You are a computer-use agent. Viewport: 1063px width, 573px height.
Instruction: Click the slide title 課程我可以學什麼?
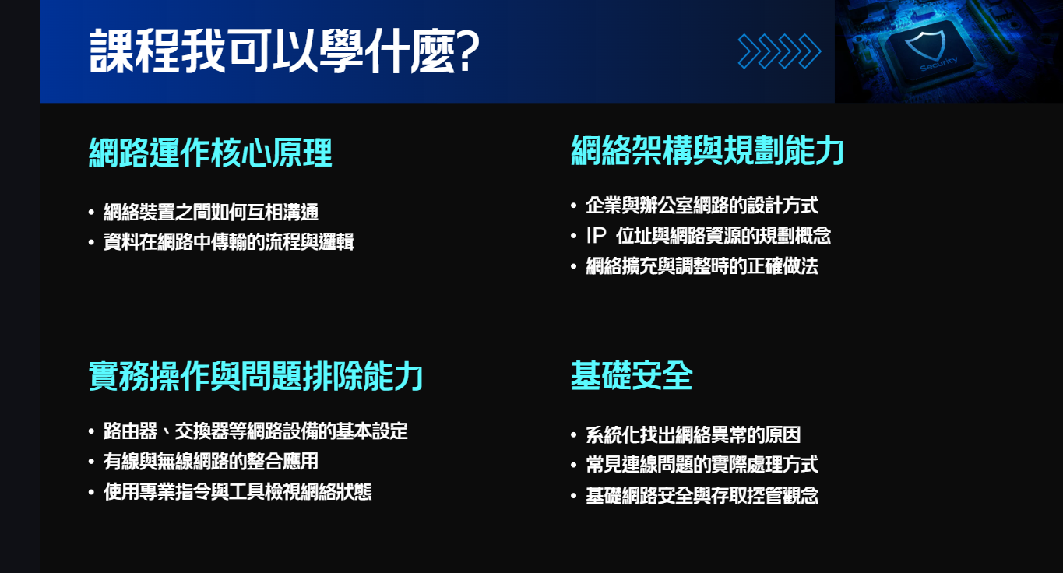pyautogui.click(x=284, y=51)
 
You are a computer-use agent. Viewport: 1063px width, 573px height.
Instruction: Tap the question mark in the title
pyautogui.click(x=467, y=51)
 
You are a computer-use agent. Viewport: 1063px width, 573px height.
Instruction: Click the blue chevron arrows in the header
pyautogui.click(x=780, y=51)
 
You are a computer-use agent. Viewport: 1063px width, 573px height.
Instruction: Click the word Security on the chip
pyautogui.click(x=938, y=64)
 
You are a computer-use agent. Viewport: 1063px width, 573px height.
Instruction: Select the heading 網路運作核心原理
pyautogui.click(x=210, y=153)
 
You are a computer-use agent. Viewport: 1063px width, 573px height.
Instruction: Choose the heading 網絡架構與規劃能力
pyautogui.click(x=707, y=150)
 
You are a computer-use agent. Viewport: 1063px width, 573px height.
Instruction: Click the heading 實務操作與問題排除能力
pyautogui.click(x=255, y=376)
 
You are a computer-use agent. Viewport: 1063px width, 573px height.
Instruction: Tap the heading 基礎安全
pyautogui.click(x=632, y=375)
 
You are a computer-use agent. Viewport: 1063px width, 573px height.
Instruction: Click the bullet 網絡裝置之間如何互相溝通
pyautogui.click(x=211, y=212)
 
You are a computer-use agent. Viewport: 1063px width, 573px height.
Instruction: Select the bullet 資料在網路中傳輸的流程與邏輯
pyautogui.click(x=229, y=242)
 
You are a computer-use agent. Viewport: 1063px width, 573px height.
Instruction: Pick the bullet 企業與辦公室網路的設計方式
pyautogui.click(x=702, y=206)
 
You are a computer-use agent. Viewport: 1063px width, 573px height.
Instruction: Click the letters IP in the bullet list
pyautogui.click(x=597, y=236)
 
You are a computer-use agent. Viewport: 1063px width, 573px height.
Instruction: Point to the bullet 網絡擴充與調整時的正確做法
pyautogui.click(x=702, y=266)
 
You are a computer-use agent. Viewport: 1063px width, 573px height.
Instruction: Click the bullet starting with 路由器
pyautogui.click(x=255, y=431)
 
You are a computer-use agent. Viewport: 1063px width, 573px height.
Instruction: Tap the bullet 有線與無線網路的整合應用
pyautogui.click(x=211, y=462)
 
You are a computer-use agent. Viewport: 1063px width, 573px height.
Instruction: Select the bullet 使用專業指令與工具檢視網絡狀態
pyautogui.click(x=238, y=492)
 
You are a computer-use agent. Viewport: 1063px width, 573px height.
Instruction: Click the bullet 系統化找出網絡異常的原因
pyautogui.click(x=693, y=434)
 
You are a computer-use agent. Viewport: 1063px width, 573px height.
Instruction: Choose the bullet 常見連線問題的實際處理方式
pyautogui.click(x=702, y=465)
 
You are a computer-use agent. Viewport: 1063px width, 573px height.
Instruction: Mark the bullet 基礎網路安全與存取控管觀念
pyautogui.click(x=702, y=496)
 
